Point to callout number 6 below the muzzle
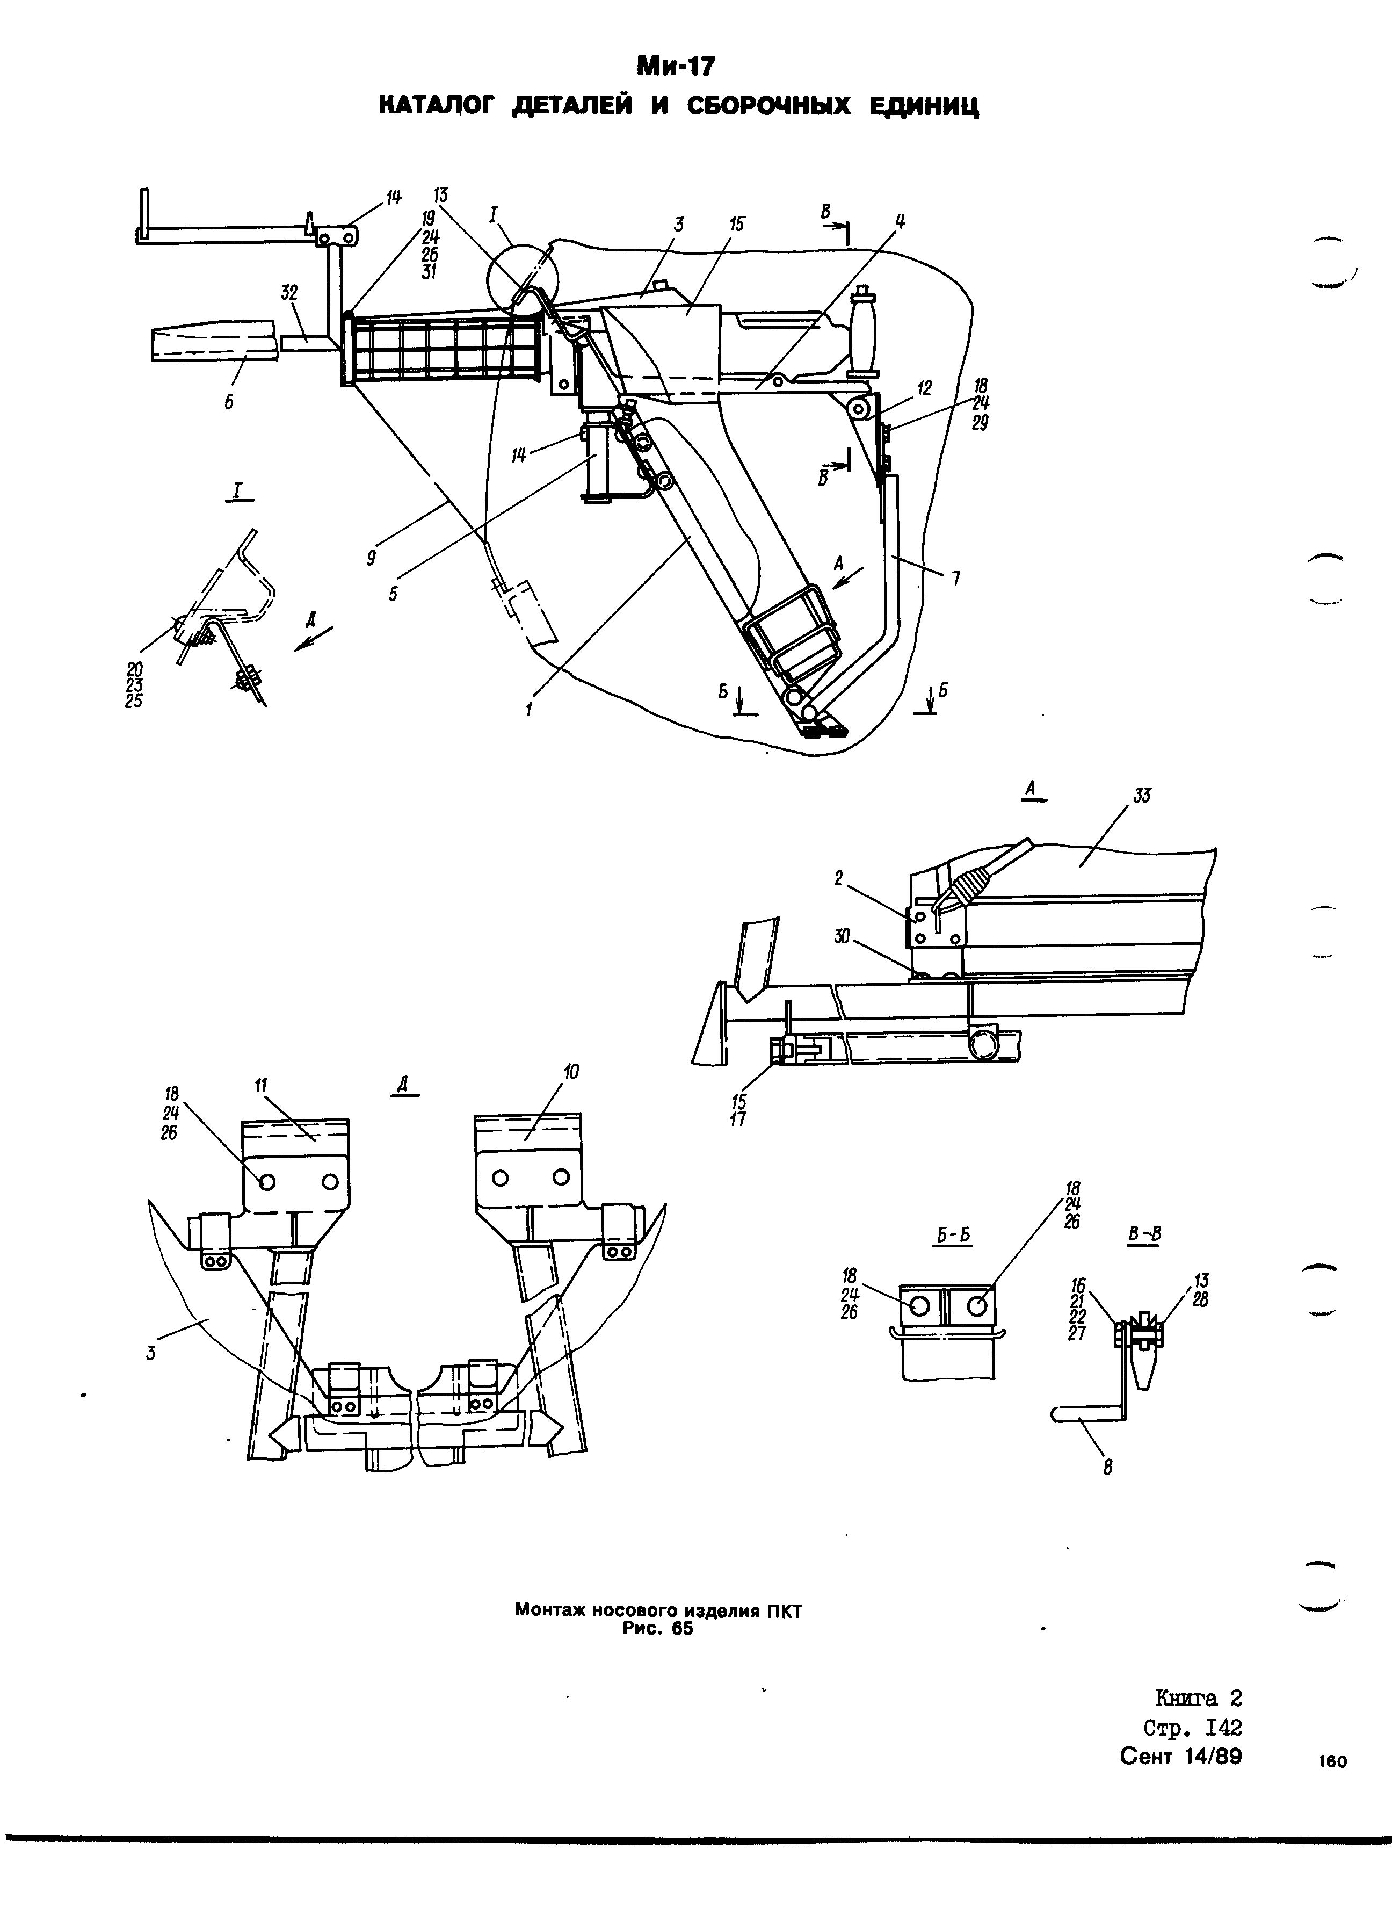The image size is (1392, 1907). click(228, 403)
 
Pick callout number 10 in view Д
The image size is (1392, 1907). click(571, 1071)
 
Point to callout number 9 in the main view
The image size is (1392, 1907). click(371, 558)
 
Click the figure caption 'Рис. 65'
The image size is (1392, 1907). click(657, 1629)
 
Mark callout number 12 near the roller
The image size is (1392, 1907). click(925, 388)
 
